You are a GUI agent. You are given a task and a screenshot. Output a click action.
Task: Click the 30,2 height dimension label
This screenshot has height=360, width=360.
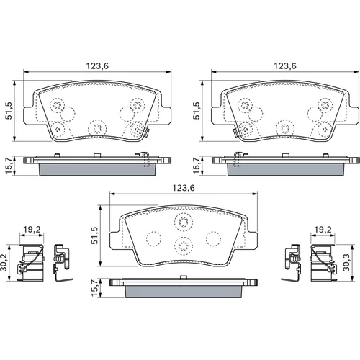point(4,263)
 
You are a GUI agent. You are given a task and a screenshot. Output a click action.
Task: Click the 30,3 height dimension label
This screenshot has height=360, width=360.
point(346,263)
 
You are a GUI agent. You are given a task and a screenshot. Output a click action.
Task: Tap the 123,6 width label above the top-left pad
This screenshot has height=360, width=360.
point(97,66)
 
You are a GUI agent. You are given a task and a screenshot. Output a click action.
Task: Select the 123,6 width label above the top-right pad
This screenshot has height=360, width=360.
point(285,66)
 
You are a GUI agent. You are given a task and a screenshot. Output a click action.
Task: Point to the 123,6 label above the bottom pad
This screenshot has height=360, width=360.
point(184,188)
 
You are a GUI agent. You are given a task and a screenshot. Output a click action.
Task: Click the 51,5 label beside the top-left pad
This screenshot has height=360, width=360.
point(9,111)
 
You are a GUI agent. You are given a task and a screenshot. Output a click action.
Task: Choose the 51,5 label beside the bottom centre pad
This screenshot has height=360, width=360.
point(95,235)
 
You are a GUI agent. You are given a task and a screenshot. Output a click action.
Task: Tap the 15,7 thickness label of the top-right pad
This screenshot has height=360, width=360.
point(197,166)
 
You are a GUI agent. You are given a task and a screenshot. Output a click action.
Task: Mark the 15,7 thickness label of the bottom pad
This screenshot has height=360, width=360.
point(95,287)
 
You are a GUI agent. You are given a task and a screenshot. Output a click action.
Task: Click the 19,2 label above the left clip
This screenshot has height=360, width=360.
point(32,230)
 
